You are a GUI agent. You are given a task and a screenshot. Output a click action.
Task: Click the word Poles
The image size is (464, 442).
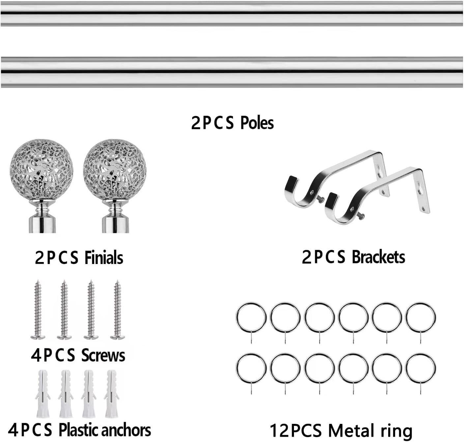257,123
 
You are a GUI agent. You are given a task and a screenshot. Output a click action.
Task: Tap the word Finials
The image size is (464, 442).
103,258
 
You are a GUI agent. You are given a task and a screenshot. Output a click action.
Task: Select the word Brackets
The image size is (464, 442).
379,257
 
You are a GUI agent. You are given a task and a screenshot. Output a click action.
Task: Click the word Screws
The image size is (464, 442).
103,355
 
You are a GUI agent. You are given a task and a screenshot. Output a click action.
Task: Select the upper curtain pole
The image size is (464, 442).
232,14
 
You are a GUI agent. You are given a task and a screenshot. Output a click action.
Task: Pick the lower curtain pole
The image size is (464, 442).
232,72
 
